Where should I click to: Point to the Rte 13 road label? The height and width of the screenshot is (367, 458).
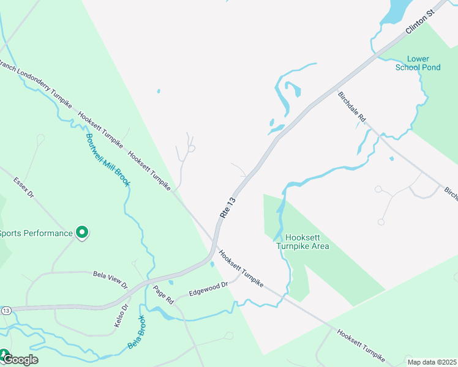coord(227,207)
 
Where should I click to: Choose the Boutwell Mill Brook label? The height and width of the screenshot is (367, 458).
coord(107,160)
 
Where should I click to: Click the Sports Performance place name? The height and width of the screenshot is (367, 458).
coord(36,233)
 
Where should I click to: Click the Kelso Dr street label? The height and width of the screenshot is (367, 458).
coord(120,315)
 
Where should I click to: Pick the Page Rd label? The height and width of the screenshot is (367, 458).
coord(164,295)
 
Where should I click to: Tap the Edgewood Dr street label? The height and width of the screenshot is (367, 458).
coord(208,288)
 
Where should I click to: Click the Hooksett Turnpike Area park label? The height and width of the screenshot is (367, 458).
coord(302,242)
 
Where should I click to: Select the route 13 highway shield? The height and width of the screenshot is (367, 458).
coord(6,311)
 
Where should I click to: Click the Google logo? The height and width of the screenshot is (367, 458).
coord(20,359)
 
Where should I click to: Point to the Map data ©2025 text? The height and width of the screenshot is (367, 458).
coord(432,362)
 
